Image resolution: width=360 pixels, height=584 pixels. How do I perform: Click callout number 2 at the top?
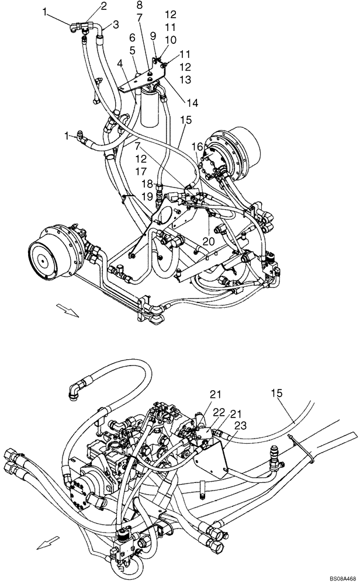click(x=103, y=6)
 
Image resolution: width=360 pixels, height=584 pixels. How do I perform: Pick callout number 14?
click(x=192, y=103)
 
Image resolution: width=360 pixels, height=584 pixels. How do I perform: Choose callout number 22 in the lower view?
click(x=218, y=413)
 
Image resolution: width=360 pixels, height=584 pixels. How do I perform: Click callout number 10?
click(x=170, y=39)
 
